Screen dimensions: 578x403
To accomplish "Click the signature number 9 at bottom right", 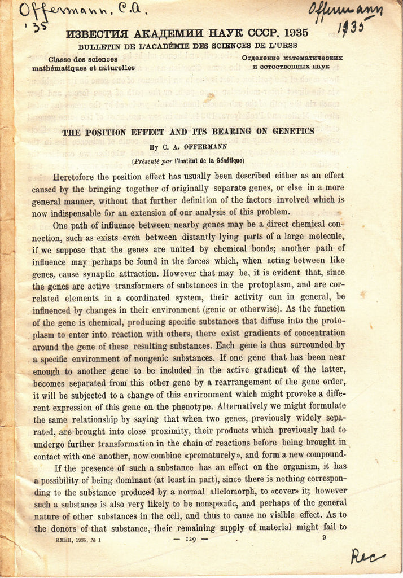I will pyautogui.click(x=324, y=537).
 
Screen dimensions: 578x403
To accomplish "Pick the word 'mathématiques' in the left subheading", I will pyautogui.click(x=59, y=68).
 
